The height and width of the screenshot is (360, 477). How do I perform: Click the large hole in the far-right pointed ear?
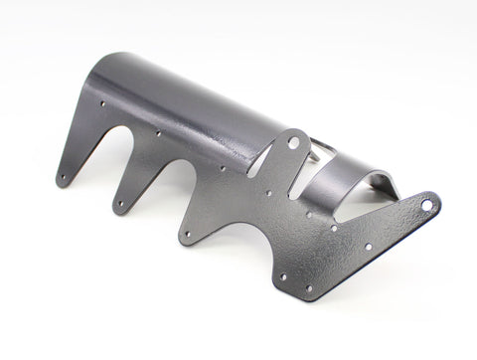[426, 205]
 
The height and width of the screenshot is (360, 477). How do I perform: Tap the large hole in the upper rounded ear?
[294, 143]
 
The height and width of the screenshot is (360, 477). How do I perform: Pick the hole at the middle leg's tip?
[121, 204]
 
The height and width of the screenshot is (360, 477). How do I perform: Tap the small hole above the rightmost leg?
[221, 169]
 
